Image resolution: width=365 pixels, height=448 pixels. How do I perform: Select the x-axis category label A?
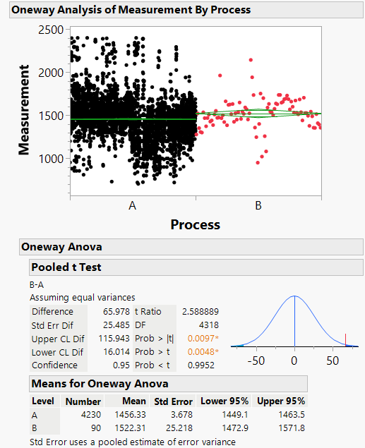coord(132,205)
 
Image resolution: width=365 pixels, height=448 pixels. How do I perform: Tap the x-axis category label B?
coord(258,205)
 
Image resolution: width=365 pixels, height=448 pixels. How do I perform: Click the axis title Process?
coord(195,224)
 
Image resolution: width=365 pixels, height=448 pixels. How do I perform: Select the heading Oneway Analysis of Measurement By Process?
coord(131,10)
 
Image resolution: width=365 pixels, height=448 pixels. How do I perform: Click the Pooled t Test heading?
coord(66,268)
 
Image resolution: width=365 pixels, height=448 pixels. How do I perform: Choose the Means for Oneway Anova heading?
coord(99,384)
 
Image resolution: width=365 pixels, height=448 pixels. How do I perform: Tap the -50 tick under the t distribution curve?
coord(256,360)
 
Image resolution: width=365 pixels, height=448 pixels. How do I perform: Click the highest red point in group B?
coord(251,61)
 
